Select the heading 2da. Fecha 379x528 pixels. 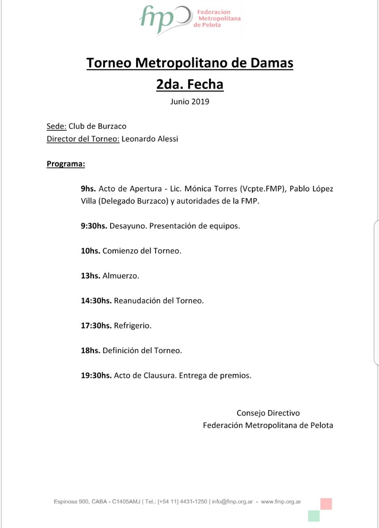click(190, 84)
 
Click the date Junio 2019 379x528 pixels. click(190, 101)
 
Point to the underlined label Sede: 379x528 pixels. click(56, 126)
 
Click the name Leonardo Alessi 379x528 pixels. click(150, 139)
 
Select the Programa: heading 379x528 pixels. click(66, 164)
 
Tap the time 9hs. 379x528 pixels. click(88, 189)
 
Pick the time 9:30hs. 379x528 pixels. click(94, 226)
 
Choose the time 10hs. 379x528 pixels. click(90, 251)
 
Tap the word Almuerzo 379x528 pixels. click(120, 276)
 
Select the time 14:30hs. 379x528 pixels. click(96, 301)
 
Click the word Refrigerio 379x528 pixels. click(132, 325)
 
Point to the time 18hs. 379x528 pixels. click(90, 351)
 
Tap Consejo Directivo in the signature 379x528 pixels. click(268, 413)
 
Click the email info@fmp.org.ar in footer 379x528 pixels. click(232, 502)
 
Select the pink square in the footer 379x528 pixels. click(326, 504)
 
